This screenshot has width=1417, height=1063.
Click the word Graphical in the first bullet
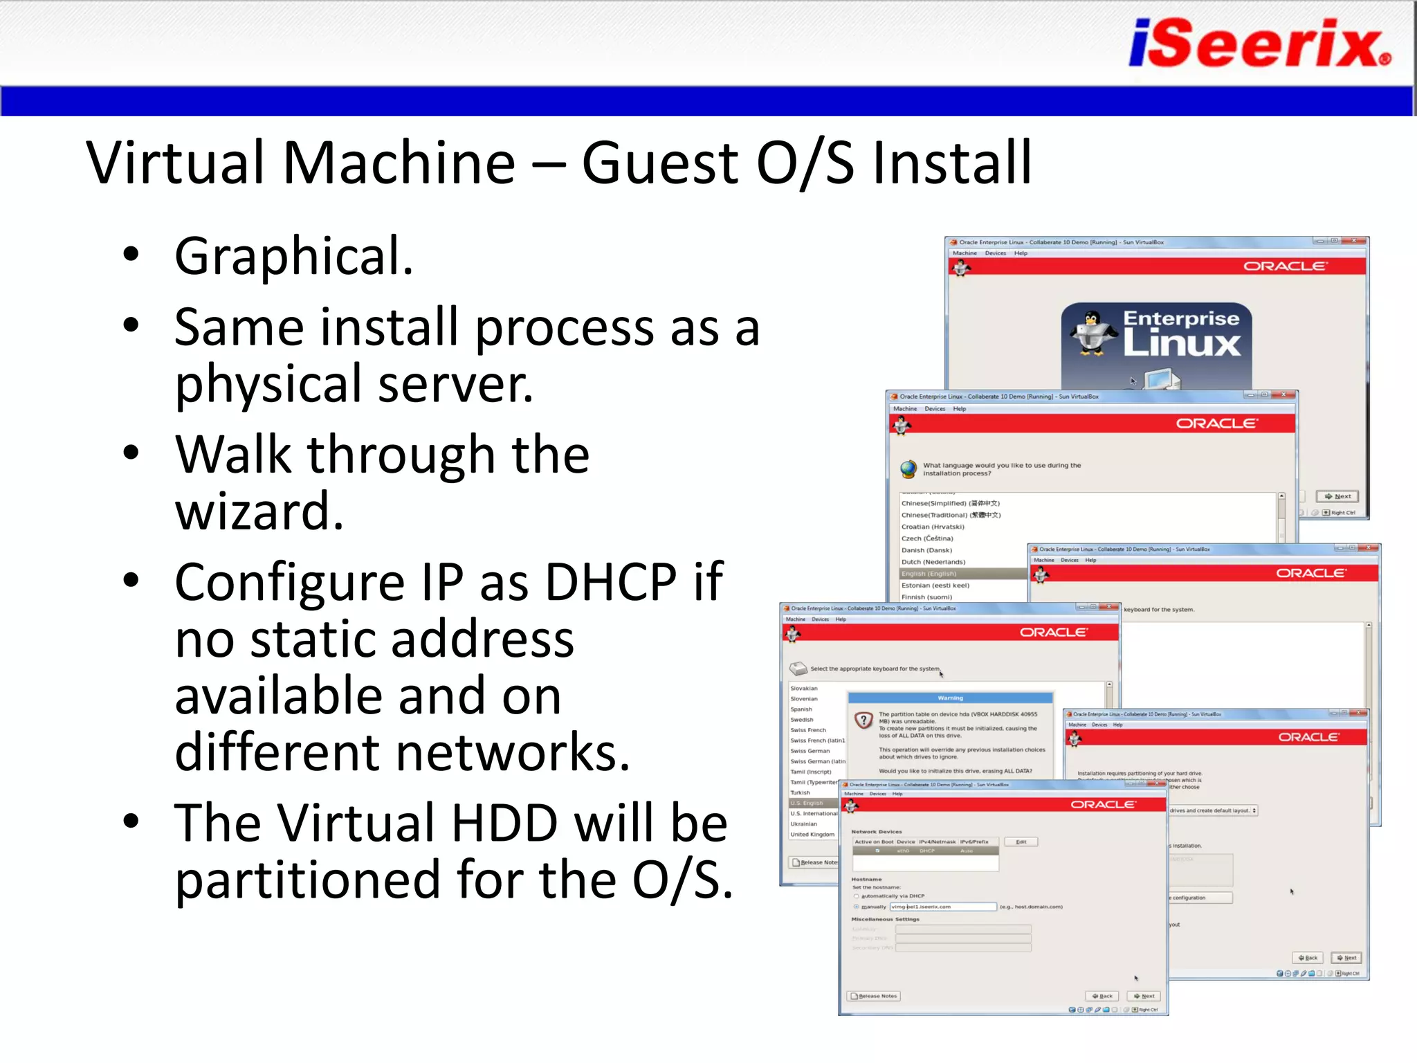coord(293,256)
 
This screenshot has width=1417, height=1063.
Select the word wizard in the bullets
coord(259,511)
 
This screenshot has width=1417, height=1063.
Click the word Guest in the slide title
coord(660,163)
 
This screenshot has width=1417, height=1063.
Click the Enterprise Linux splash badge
coord(1157,343)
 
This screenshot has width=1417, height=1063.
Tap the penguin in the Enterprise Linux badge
coord(1093,334)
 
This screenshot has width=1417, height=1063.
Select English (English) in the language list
coord(929,574)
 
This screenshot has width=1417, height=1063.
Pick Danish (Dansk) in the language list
coord(926,550)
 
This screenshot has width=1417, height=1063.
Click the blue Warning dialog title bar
coord(950,698)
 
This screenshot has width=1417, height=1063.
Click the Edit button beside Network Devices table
coord(1021,842)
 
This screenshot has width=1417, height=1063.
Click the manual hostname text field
coord(943,907)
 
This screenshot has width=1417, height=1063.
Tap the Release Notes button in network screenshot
coord(873,996)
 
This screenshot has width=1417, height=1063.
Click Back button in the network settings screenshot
coord(1101,996)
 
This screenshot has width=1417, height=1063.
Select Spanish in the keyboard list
coord(801,709)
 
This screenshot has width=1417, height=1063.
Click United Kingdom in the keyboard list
coord(812,835)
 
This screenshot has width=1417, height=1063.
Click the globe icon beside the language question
coord(908,469)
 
